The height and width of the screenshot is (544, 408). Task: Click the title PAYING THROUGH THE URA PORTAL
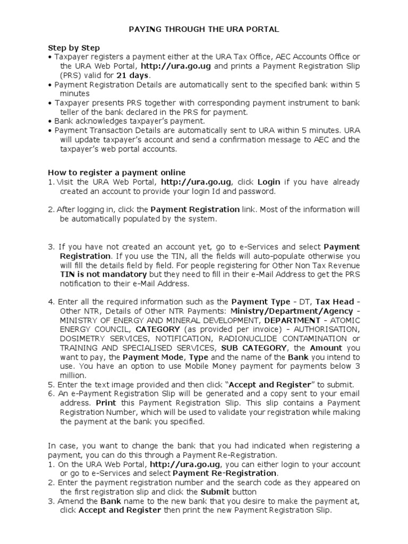pyautogui.click(x=205, y=30)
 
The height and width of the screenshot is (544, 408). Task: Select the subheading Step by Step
pyautogui.click(x=74, y=48)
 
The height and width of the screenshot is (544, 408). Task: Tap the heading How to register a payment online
pyautogui.click(x=117, y=172)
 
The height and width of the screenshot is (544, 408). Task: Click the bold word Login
pyautogui.click(x=269, y=182)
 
